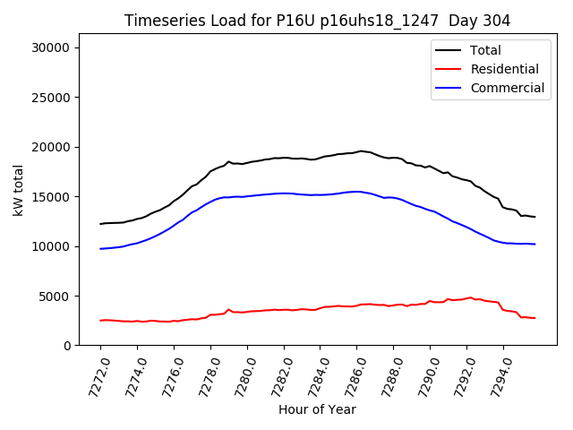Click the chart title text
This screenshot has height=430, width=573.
pyautogui.click(x=317, y=21)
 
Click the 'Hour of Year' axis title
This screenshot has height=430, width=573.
pyautogui.click(x=317, y=409)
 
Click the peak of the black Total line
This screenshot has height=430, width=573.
pyautogui.click(x=361, y=150)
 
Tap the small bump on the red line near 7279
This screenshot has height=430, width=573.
pyautogui.click(x=228, y=309)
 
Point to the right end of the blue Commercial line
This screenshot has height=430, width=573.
pyautogui.click(x=535, y=244)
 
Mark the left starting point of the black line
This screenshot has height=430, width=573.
pyautogui.click(x=100, y=224)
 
